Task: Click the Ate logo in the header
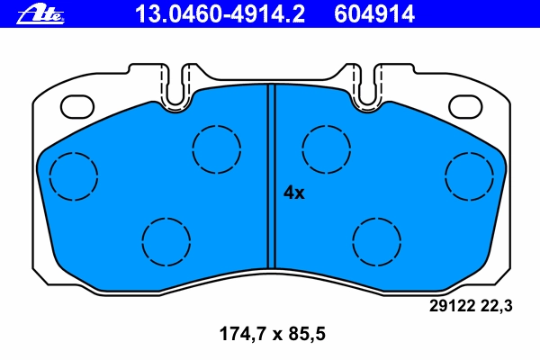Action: click(x=40, y=15)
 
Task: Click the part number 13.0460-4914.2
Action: click(x=220, y=14)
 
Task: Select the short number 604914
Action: click(x=374, y=14)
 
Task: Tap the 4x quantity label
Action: click(x=293, y=193)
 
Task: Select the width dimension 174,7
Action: click(x=243, y=334)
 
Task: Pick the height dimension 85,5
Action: click(x=307, y=334)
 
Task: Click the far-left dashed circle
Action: click(x=49, y=176)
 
